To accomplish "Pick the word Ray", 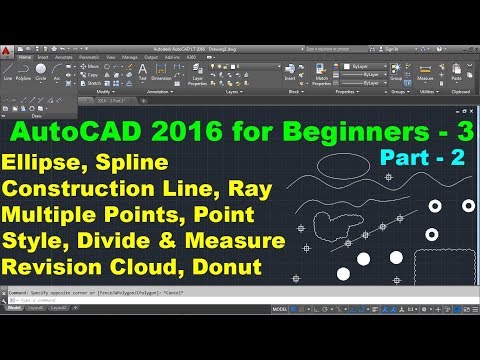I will tap(266, 188).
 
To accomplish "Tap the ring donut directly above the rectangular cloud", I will tap(432, 234).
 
